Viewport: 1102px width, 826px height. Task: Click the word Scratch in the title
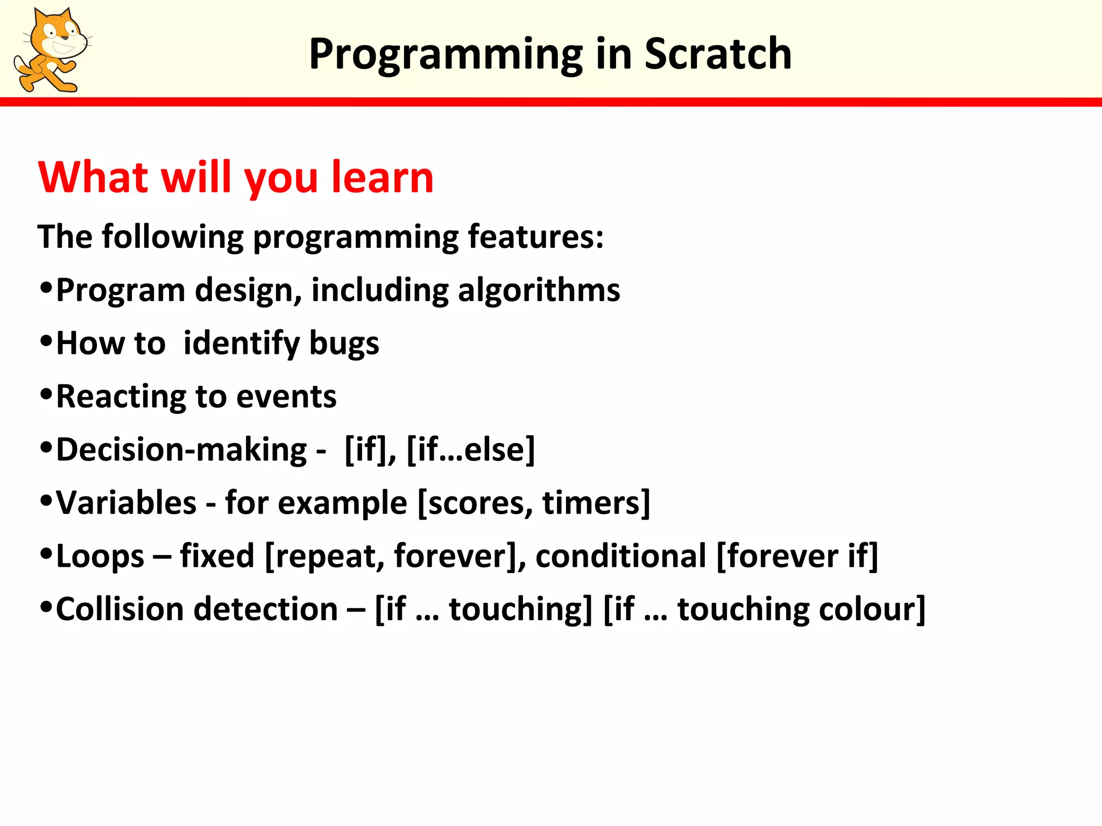[x=718, y=54]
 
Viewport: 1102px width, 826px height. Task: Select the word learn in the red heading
[x=382, y=177]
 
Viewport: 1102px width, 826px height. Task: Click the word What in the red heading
[x=93, y=177]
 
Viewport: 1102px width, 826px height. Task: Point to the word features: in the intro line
[x=536, y=237]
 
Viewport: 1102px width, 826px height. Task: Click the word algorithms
[x=539, y=291]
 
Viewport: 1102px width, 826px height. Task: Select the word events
[x=286, y=397]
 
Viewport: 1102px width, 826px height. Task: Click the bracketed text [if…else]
[x=471, y=450]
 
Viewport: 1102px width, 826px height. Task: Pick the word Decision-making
[x=181, y=450]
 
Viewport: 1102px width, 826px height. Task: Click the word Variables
[x=126, y=503]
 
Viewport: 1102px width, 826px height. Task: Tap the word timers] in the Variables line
[x=596, y=503]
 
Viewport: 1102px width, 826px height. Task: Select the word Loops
[x=100, y=557]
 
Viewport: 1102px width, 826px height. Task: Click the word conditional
[x=620, y=556]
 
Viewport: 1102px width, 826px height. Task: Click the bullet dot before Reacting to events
[x=46, y=395]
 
